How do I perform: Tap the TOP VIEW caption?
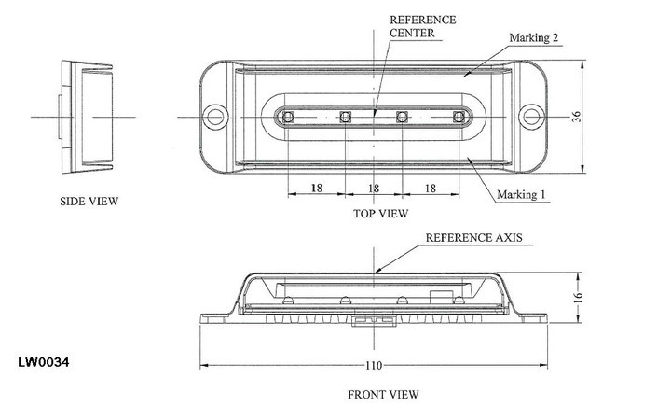[x=380, y=214]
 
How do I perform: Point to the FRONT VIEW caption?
[x=383, y=393]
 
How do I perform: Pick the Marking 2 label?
[x=535, y=39]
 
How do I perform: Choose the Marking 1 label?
[x=520, y=195]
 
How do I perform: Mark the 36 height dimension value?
[x=603, y=117]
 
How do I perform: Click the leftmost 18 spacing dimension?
[x=316, y=189]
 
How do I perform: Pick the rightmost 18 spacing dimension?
[x=431, y=189]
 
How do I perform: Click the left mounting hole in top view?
[x=217, y=117]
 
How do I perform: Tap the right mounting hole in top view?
[x=532, y=117]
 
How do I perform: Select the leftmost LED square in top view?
[x=288, y=117]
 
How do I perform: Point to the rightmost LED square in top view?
[x=459, y=117]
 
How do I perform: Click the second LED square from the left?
[x=346, y=117]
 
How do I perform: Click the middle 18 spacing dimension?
[x=374, y=189]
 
